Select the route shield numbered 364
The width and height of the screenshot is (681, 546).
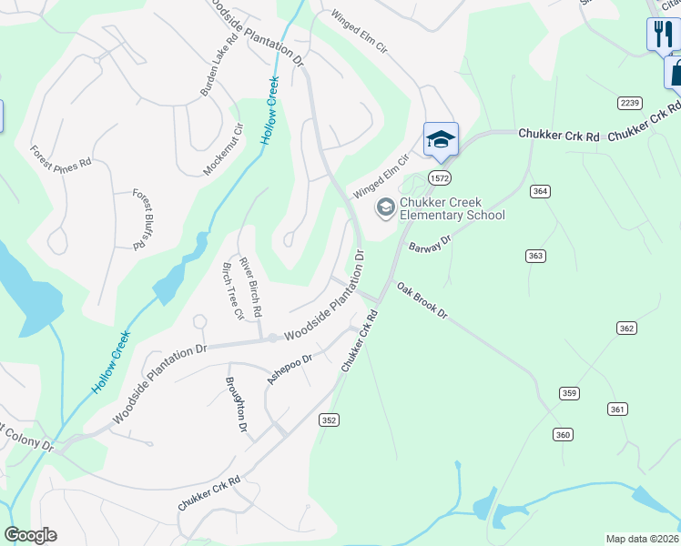tap(541, 191)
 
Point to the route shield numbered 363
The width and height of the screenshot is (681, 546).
tap(535, 256)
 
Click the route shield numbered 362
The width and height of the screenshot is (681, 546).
tap(625, 328)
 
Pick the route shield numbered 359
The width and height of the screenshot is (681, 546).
tap(569, 393)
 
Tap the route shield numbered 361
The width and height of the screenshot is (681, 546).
tap(618, 409)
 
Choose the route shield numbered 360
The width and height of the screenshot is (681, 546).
tap(563, 435)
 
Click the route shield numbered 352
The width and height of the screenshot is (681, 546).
tap(330, 420)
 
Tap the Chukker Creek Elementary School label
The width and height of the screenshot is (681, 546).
tap(452, 208)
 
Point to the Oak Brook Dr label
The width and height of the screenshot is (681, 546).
tap(422, 299)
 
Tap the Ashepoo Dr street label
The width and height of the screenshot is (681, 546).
tap(290, 368)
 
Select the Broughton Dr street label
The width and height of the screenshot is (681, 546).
tap(236, 404)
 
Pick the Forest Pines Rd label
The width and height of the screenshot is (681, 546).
tap(61, 157)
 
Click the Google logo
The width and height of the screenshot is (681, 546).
tap(30, 535)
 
